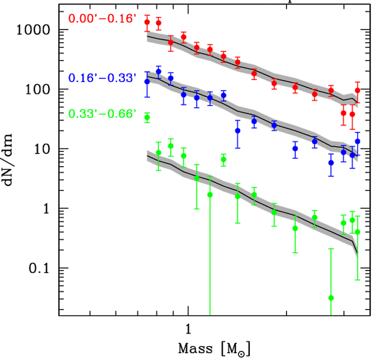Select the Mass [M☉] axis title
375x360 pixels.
click(x=214, y=349)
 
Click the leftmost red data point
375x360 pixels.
click(x=147, y=22)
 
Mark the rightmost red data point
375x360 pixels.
click(x=357, y=91)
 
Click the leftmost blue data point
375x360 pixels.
click(x=147, y=81)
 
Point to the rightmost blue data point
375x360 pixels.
click(x=357, y=141)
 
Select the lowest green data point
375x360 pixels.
click(x=331, y=298)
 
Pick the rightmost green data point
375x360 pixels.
click(x=357, y=232)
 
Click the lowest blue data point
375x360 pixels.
click(x=331, y=163)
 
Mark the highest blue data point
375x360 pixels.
click(x=158, y=72)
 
